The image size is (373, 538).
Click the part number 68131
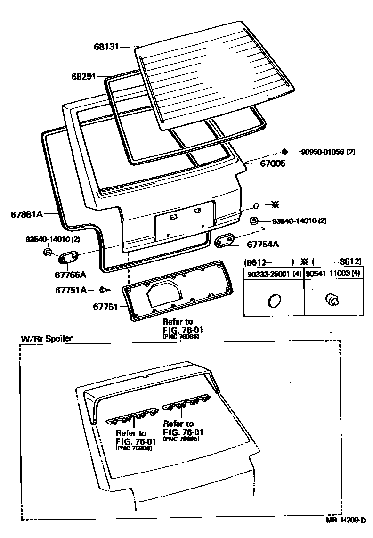106,47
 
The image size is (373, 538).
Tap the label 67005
273,163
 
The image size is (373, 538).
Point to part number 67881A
27,214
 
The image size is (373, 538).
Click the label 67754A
263,244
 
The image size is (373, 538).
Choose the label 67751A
71,290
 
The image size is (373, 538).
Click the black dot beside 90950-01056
284,151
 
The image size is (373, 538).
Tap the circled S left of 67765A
48,252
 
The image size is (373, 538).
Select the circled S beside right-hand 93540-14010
253,221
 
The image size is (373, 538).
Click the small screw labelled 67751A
103,289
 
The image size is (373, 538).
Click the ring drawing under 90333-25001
273,300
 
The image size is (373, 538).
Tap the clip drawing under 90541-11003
332,299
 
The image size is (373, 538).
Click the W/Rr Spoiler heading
46,339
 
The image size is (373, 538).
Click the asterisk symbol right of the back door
275,205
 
